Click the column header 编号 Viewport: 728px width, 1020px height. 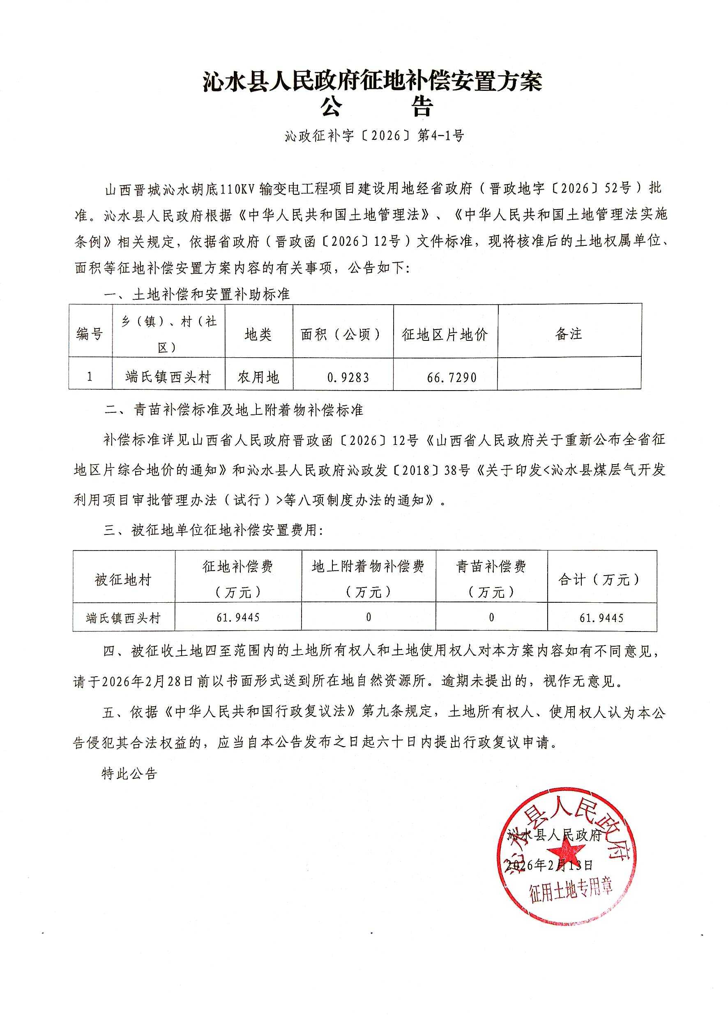(x=90, y=334)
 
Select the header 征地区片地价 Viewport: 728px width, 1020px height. (x=445, y=335)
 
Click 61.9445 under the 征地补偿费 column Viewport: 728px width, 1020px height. (x=237, y=618)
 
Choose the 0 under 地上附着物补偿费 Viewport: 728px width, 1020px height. (x=369, y=618)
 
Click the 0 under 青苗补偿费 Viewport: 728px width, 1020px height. (x=491, y=618)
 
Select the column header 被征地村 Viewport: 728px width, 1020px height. (x=123, y=580)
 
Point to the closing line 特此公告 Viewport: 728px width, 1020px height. (x=129, y=774)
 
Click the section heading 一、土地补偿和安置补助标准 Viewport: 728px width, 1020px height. (x=197, y=295)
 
